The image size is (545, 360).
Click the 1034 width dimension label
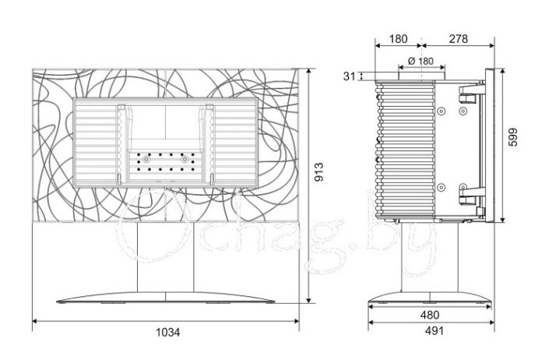[x=167, y=333]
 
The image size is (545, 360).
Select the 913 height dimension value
[x=318, y=171]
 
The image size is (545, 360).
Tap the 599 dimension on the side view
[x=512, y=137]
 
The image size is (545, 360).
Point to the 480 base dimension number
[x=430, y=315]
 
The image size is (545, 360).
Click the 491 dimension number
[x=434, y=330]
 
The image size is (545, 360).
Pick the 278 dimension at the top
[x=458, y=39]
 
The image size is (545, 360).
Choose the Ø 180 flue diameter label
[x=420, y=62]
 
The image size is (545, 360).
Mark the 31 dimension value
[x=350, y=76]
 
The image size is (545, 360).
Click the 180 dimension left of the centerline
[x=398, y=39]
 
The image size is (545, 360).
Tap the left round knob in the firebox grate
[x=146, y=160]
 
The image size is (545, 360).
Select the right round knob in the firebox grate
[x=185, y=160]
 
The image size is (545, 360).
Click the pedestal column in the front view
[x=165, y=257]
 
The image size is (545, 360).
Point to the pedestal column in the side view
[x=430, y=257]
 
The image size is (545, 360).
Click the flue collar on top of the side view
[x=422, y=75]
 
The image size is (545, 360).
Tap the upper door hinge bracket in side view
[x=471, y=94]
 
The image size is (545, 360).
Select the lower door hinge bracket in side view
[x=471, y=196]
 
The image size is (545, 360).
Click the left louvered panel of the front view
[x=95, y=143]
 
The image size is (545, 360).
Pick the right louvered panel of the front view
[x=236, y=143]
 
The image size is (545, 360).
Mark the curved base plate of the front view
[x=165, y=298]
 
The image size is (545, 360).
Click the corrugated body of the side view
[x=405, y=150]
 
